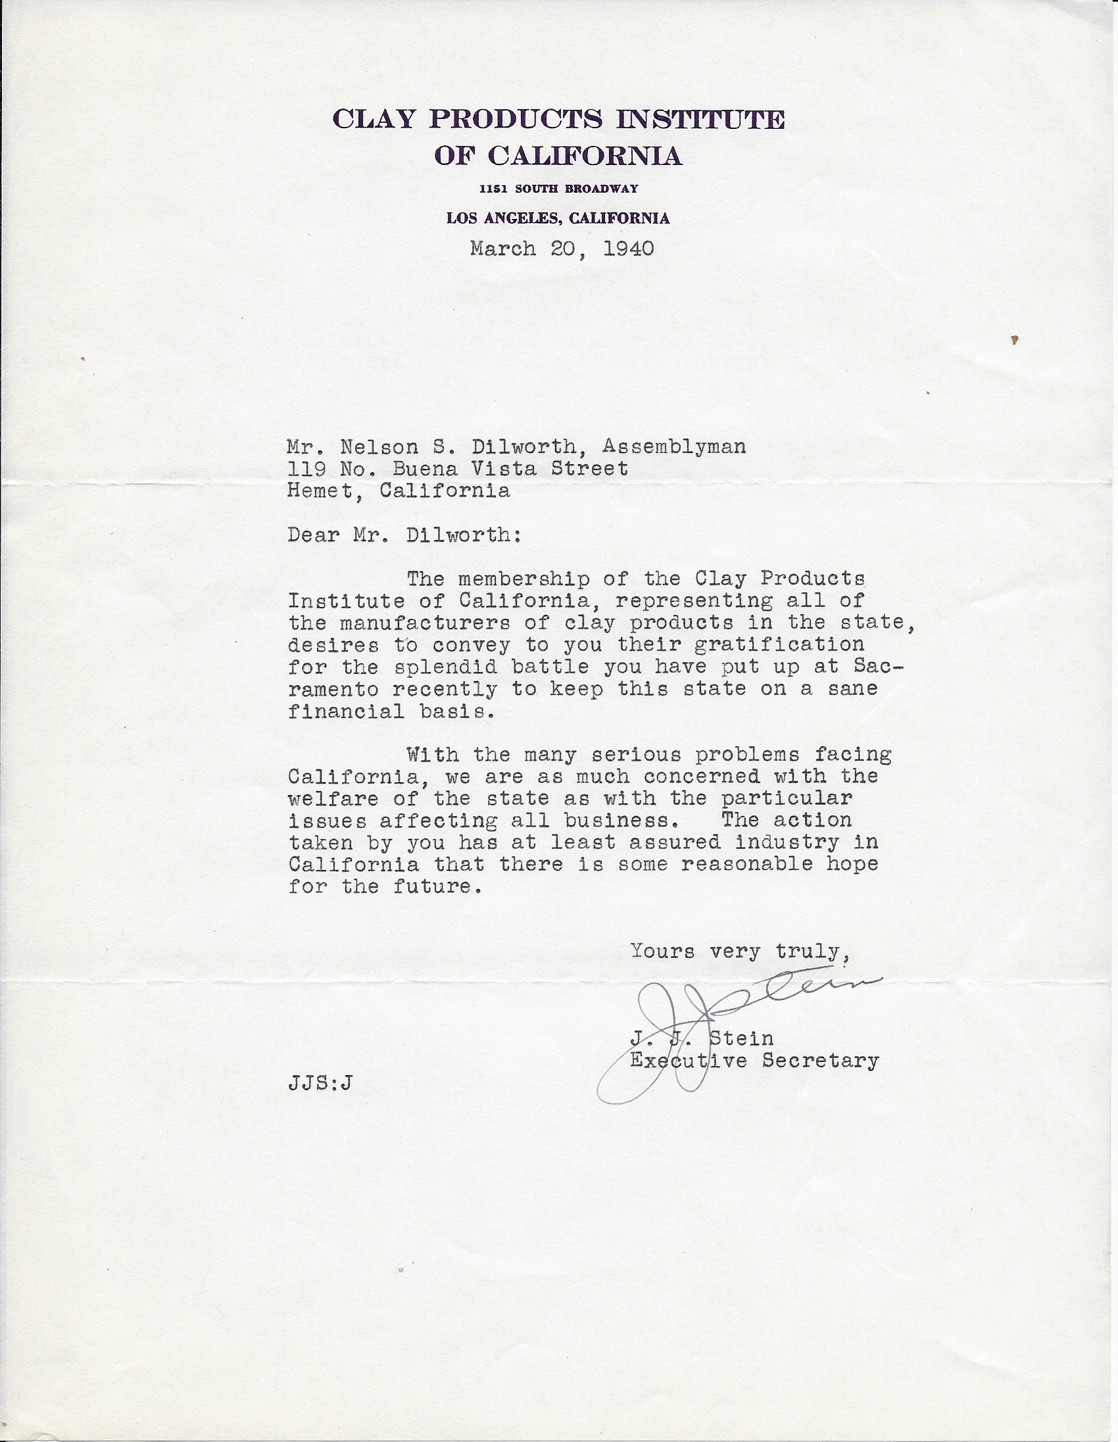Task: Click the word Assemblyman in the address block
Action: pyautogui.click(x=673, y=447)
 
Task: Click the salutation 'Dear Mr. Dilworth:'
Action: pyautogui.click(x=404, y=534)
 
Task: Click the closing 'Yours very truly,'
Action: pyautogui.click(x=739, y=951)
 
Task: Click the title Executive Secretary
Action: pyautogui.click(x=754, y=1061)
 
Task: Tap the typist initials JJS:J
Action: pyautogui.click(x=320, y=1084)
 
